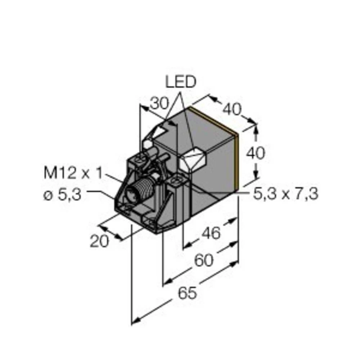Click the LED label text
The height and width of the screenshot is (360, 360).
(180, 82)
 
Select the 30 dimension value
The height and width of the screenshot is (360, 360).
(159, 104)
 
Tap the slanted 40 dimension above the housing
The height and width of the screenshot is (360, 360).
(231, 109)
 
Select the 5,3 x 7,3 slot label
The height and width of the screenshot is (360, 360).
(285, 194)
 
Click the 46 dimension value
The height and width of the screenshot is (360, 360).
(211, 233)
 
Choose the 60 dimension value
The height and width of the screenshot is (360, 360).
(203, 260)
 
